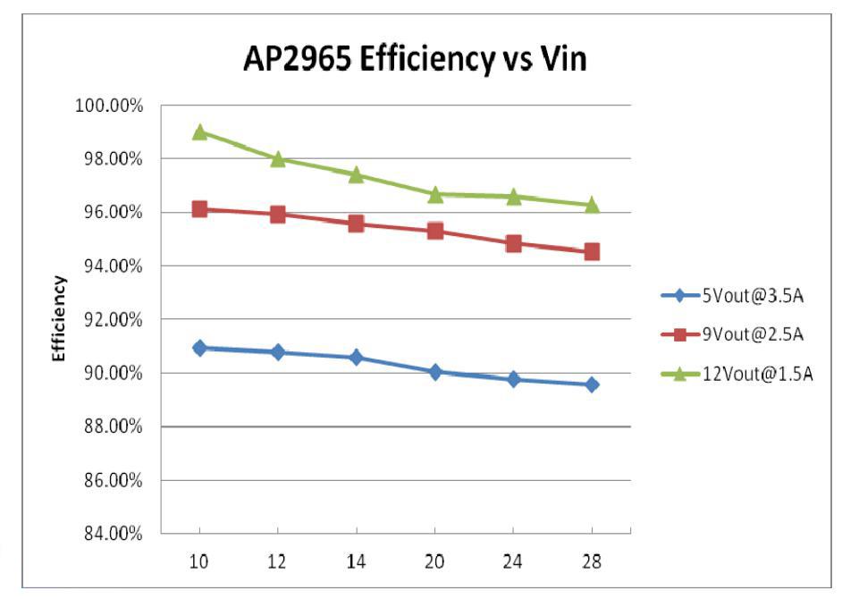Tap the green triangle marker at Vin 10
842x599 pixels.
pyautogui.click(x=199, y=132)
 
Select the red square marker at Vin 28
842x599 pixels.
pyautogui.click(x=592, y=252)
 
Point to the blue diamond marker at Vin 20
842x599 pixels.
pyautogui.click(x=435, y=372)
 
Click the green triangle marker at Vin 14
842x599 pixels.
pyautogui.click(x=357, y=174)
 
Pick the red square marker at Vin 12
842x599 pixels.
pyautogui.click(x=278, y=215)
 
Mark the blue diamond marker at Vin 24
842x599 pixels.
pyautogui.click(x=514, y=379)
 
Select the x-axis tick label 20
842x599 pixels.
pyautogui.click(x=435, y=562)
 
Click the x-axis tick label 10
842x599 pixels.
pyautogui.click(x=199, y=562)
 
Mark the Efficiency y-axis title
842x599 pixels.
pyautogui.click(x=60, y=318)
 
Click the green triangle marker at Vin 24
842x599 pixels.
pyautogui.click(x=514, y=196)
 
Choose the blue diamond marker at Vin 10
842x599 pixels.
pyautogui.click(x=199, y=348)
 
